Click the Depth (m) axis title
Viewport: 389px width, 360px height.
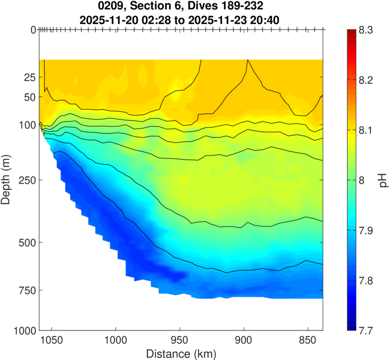click(x=7, y=180)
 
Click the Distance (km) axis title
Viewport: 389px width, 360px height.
click(x=180, y=353)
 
